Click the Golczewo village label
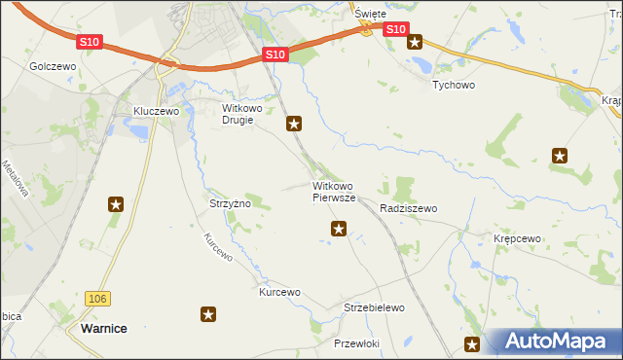[53, 66]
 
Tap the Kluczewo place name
[157, 112]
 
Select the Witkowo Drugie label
[238, 114]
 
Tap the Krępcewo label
[516, 238]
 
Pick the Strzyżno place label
[231, 204]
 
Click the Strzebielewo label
[374, 307]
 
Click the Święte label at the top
[370, 14]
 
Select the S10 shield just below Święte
[394, 30]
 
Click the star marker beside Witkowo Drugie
[294, 124]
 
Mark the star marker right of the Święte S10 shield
[415, 41]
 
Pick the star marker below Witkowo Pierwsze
[339, 229]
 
